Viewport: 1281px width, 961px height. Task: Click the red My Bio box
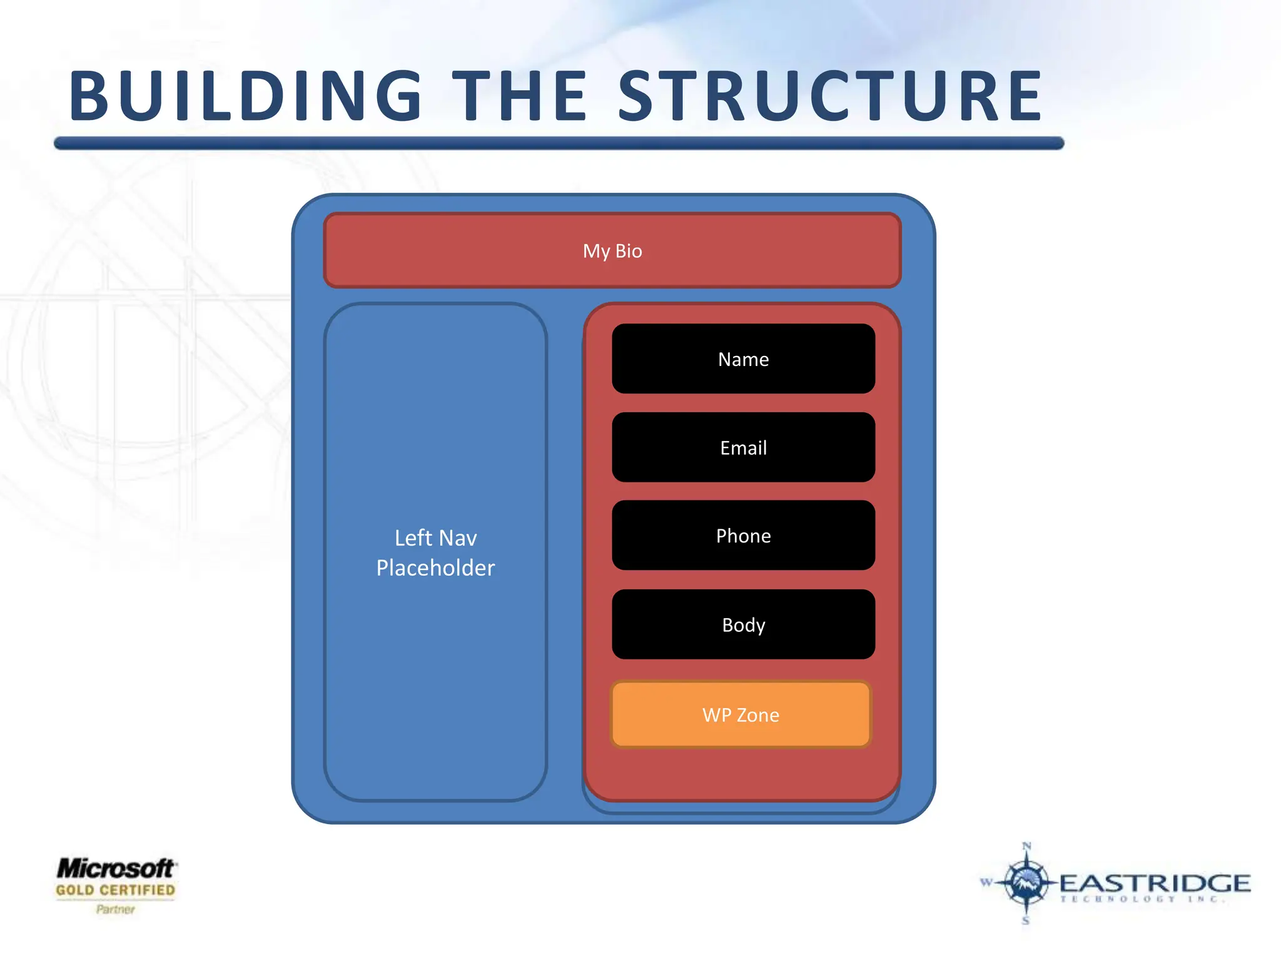612,251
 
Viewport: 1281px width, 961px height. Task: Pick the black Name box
743,359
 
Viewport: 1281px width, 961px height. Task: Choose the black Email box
743,447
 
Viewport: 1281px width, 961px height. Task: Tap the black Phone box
743,536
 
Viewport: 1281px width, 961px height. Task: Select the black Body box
743,624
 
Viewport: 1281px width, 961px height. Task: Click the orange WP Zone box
741,714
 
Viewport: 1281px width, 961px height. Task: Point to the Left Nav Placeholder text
435,552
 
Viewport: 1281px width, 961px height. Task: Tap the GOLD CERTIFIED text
116,890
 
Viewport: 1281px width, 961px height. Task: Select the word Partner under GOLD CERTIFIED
116,909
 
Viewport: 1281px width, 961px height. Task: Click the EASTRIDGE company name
1155,883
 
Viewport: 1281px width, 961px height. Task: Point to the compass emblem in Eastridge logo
1026,882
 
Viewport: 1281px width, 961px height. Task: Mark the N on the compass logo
1026,847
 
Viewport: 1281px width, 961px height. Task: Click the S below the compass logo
1026,920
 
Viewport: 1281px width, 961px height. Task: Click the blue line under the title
559,143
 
